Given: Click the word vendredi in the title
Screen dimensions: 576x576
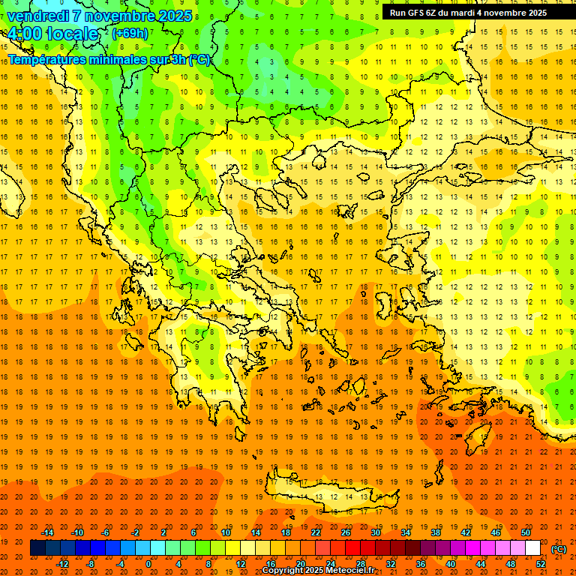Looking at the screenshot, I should [37, 16].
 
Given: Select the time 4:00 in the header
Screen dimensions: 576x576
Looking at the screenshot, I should [24, 34].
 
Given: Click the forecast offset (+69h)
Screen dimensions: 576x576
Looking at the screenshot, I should [130, 34].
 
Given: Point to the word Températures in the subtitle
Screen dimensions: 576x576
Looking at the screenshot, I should [48, 60].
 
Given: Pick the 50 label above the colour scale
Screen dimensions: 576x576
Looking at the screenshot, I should [526, 532].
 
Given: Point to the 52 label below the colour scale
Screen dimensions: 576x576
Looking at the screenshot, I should [541, 564].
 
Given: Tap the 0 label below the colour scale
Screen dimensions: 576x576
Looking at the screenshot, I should [148, 564].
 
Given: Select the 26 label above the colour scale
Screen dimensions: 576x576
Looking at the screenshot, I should [346, 532].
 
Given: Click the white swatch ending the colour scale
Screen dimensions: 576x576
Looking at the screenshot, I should [532, 548].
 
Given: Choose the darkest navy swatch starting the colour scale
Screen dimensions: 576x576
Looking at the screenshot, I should [37, 548].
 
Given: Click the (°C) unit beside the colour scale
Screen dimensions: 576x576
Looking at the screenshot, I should [559, 549].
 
